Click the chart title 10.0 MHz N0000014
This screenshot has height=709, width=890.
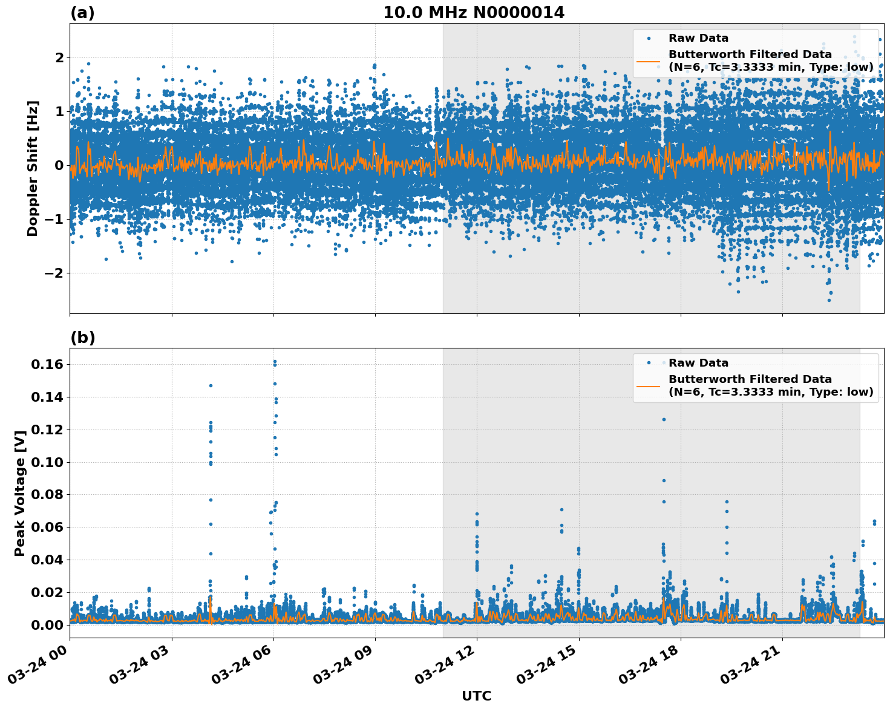473,13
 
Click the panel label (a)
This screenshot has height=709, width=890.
82,13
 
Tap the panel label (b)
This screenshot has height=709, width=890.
82,338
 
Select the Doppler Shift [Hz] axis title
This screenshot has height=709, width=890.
33,168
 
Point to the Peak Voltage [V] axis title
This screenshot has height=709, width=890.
20,493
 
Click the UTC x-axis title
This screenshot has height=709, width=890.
476,696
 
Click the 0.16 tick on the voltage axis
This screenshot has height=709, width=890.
47,364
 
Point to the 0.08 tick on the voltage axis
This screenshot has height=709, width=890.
47,495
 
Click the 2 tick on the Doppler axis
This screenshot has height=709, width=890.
59,57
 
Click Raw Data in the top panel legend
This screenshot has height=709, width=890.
698,38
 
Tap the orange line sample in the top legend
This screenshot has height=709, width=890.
648,60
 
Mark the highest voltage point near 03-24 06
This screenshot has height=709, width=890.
274,361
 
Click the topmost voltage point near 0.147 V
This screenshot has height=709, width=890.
211,385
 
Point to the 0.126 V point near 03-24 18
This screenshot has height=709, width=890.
663,419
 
